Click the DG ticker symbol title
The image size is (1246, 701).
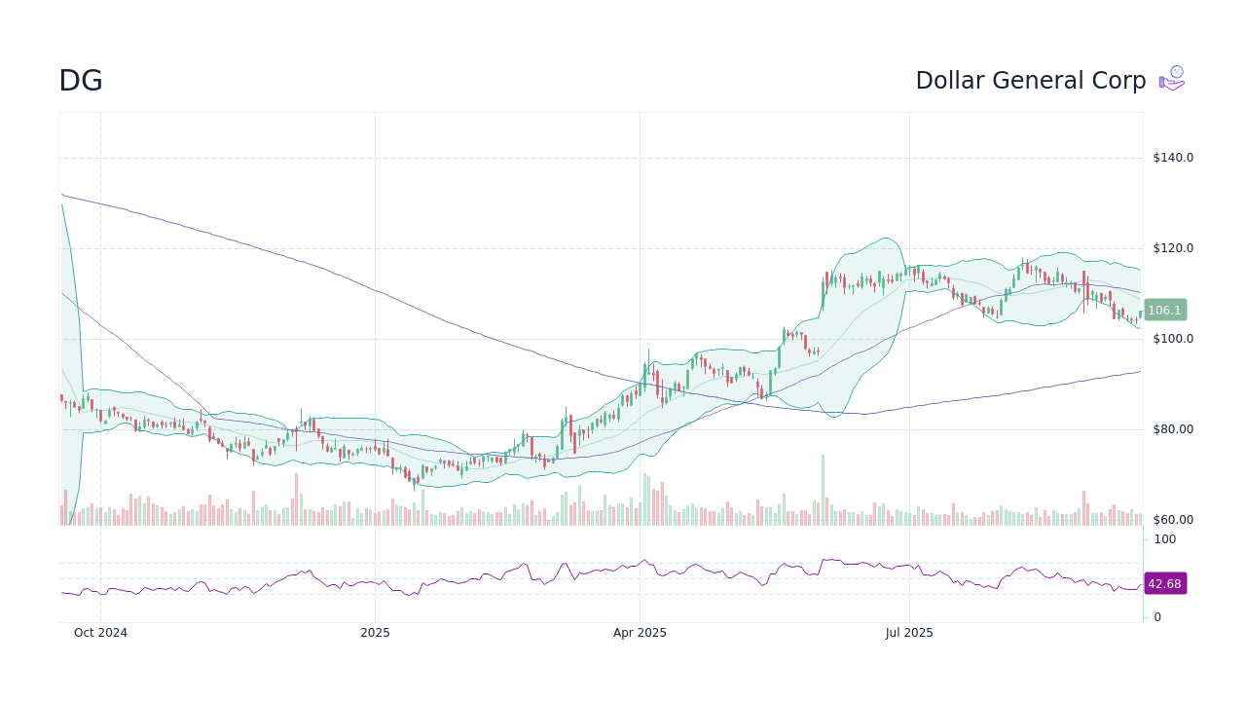point(81,81)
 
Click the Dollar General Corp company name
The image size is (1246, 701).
point(1030,81)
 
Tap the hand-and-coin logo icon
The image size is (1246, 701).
point(1172,79)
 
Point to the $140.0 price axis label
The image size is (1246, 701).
point(1173,158)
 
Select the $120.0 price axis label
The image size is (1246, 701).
point(1173,248)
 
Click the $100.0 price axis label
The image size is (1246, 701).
point(1173,339)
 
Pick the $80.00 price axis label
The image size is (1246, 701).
point(1173,429)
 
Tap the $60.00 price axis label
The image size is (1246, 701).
point(1173,520)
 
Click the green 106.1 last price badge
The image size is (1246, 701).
point(1164,311)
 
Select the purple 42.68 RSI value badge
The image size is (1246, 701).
point(1164,584)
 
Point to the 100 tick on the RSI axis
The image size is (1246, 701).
point(1165,539)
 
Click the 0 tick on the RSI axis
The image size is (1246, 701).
point(1157,617)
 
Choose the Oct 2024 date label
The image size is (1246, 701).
point(100,633)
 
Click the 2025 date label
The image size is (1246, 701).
point(375,633)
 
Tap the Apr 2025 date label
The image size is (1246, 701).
point(640,633)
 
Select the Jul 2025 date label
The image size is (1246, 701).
point(909,633)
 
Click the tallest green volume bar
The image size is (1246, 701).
point(823,491)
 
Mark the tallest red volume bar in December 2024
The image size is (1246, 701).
point(295,499)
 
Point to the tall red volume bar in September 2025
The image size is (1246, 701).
point(1083,508)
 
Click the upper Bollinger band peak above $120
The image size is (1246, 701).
point(886,239)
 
